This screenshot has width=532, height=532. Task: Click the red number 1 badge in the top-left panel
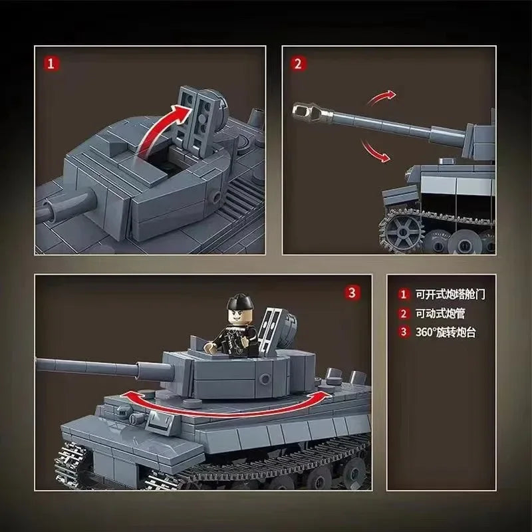pos(51,63)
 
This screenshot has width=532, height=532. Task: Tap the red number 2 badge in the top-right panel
pos(298,63)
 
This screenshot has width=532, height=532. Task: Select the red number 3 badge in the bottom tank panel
pos(352,292)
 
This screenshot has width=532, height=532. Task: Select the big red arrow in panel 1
pos(162,130)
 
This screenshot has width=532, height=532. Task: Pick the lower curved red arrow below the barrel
pos(374,151)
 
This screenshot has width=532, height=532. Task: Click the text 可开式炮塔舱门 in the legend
pos(450,295)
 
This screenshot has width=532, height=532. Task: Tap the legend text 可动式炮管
pos(440,313)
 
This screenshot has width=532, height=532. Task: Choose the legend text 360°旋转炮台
pos(446,332)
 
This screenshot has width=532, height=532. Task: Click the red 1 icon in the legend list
pos(404,294)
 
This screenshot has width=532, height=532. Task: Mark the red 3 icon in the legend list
pos(404,332)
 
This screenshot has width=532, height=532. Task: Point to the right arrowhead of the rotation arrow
pos(327,394)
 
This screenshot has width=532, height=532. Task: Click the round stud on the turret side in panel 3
pos(264,378)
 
